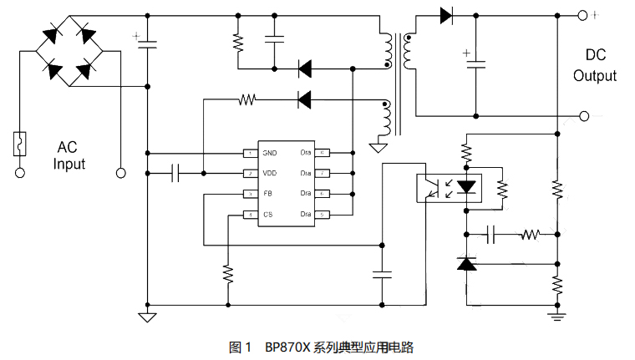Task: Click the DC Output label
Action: point(595,66)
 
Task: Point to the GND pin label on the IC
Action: point(269,153)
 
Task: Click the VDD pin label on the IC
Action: point(269,173)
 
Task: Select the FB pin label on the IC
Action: point(268,194)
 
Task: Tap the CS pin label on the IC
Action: point(268,215)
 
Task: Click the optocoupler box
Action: point(450,186)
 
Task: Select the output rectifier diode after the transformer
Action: point(444,14)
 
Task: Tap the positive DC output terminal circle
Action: point(583,14)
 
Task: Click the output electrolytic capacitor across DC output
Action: point(476,63)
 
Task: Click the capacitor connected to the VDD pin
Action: point(175,173)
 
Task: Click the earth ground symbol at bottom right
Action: point(556,315)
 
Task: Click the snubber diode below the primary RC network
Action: point(305,67)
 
